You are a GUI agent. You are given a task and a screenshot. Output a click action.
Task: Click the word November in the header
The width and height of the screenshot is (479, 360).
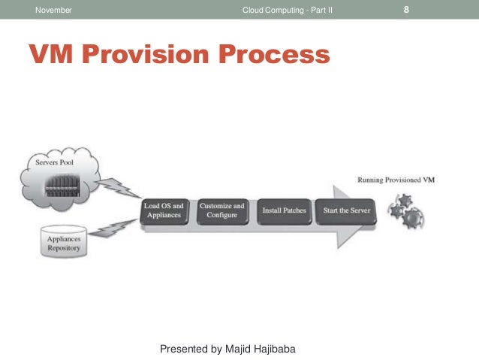55,10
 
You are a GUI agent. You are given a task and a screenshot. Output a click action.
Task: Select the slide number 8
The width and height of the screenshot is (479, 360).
406,10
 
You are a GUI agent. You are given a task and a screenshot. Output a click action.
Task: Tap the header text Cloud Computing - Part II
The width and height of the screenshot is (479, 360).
288,10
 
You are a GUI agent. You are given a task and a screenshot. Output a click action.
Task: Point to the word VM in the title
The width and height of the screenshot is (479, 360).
51,54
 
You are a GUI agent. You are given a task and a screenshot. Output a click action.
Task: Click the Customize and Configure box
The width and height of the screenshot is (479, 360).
222,210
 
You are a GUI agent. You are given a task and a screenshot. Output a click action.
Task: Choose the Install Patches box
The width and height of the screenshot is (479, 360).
284,210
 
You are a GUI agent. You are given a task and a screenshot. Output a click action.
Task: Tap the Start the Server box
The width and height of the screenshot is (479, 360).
346,210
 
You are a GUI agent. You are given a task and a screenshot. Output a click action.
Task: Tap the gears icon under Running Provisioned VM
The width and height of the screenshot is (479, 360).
406,211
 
